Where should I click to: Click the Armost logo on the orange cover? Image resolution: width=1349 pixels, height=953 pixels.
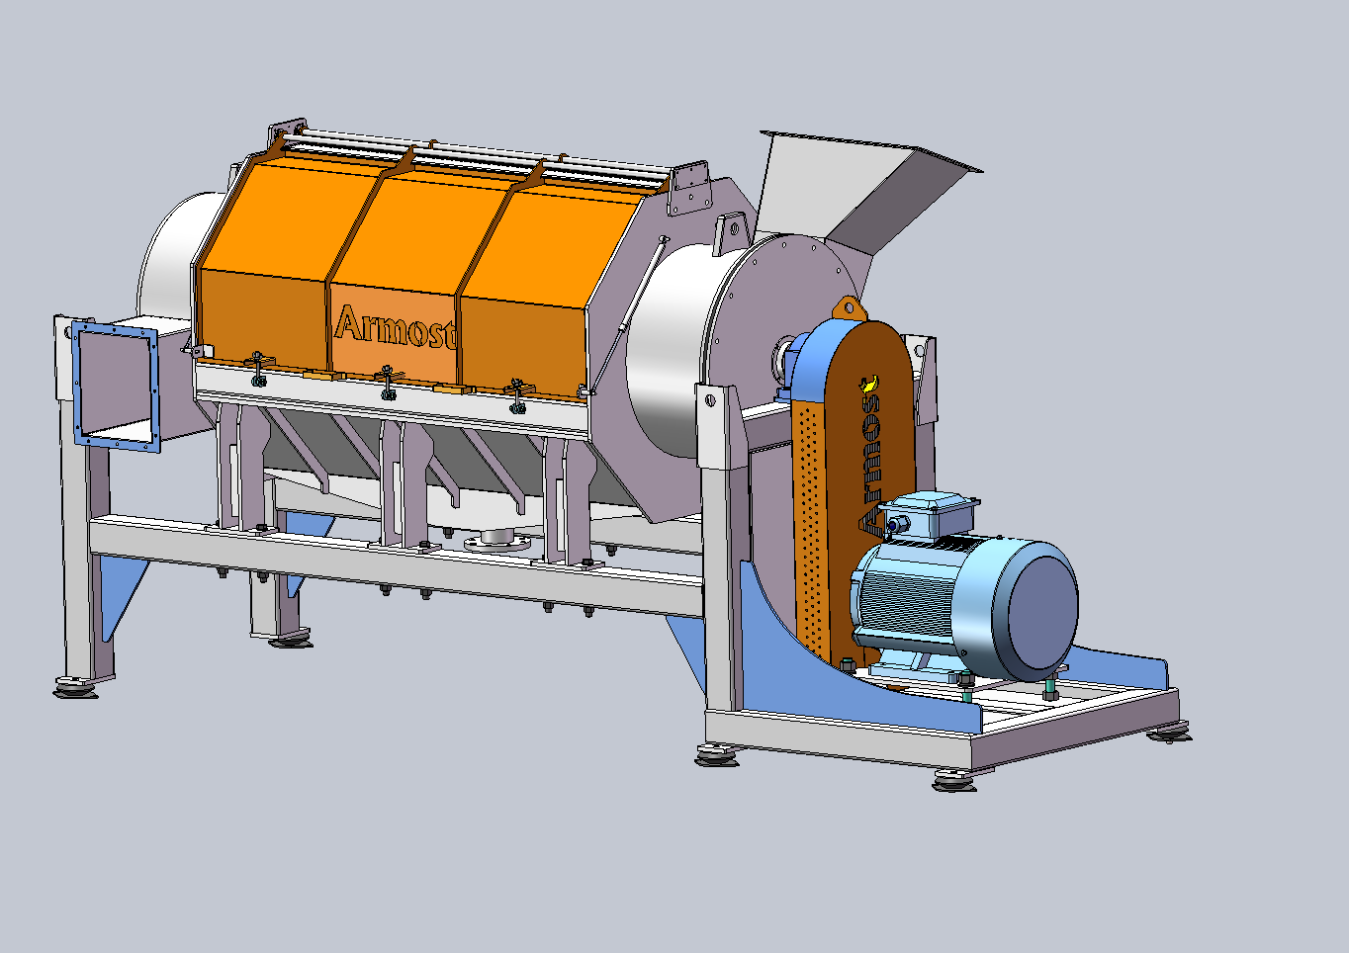tap(395, 327)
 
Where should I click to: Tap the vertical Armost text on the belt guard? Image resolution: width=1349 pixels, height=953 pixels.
tap(869, 454)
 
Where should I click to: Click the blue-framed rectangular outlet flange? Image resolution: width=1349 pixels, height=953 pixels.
tap(116, 386)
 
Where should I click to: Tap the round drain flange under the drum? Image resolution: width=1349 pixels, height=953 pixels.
tap(497, 540)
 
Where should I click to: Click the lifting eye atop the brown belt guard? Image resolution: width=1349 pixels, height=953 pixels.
tap(850, 308)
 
